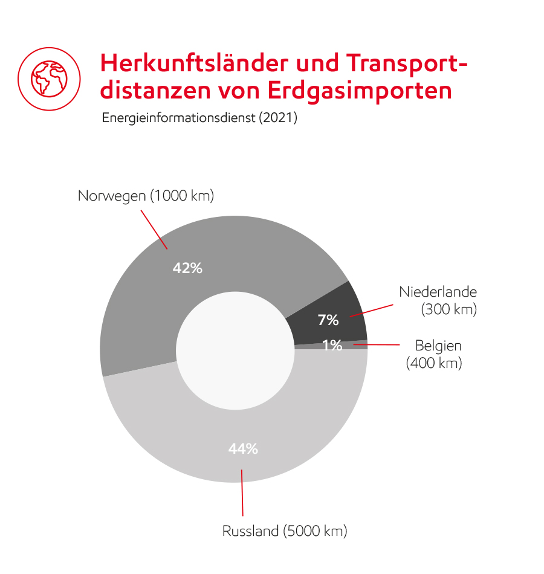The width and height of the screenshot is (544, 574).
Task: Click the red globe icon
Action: click(x=49, y=78)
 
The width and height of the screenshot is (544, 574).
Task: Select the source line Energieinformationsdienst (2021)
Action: click(x=199, y=118)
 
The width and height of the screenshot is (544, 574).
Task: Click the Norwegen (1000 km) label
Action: click(x=146, y=196)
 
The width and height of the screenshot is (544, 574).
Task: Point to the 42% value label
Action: click(x=187, y=268)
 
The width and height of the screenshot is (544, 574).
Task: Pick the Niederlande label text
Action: click(x=438, y=292)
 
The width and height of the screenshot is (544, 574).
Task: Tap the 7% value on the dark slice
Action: click(x=328, y=320)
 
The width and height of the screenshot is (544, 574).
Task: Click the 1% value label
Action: click(x=332, y=346)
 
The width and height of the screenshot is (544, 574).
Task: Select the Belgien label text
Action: click(x=438, y=346)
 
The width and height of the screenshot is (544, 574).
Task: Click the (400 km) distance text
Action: click(x=434, y=364)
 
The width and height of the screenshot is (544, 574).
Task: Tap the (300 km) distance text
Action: click(x=448, y=310)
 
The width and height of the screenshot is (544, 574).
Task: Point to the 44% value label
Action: click(x=243, y=449)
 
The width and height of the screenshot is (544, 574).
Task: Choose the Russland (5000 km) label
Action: click(x=285, y=532)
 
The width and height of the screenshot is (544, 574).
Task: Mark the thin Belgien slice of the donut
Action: click(x=357, y=345)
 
